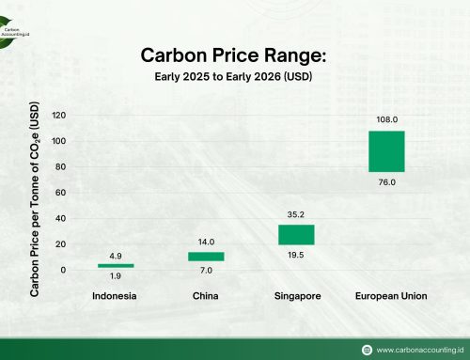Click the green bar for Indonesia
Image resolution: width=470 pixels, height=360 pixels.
117,266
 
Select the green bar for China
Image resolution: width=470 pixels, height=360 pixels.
207,256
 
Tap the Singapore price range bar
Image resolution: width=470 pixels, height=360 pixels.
296,234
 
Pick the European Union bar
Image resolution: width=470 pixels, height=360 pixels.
386,151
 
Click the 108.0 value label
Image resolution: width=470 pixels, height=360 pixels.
386,120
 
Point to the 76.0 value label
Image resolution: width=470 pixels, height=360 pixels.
386,183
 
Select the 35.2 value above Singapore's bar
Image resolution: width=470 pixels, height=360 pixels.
296,214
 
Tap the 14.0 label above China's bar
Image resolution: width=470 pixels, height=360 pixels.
207,242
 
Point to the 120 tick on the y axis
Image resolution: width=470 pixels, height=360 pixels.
59,116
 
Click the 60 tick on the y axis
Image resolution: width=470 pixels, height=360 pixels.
62,193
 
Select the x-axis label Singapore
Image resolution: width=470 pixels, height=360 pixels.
297,296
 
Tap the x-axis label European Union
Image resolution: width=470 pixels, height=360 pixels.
391,296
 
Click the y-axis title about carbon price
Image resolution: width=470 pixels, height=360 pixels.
35,201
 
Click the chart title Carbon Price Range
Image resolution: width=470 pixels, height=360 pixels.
234,55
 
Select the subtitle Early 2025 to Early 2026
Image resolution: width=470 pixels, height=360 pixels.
234,76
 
